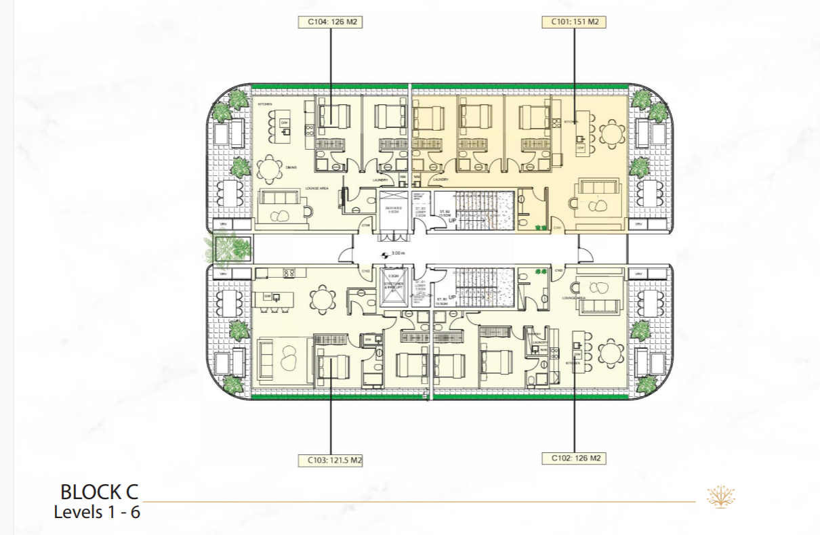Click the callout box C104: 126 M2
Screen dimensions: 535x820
[330, 22]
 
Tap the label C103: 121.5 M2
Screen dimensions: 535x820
[330, 461]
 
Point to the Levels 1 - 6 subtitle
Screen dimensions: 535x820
[97, 512]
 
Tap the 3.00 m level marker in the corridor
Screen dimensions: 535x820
[394, 255]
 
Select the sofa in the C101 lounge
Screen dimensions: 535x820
[596, 192]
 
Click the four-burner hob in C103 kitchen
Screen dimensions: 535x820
[288, 274]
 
